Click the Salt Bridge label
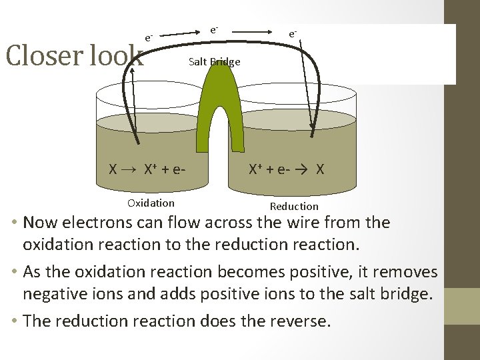[214, 62]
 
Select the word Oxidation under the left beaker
[151, 203]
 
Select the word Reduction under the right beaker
[294, 207]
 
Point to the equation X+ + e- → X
[286, 169]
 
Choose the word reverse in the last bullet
[299, 321]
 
